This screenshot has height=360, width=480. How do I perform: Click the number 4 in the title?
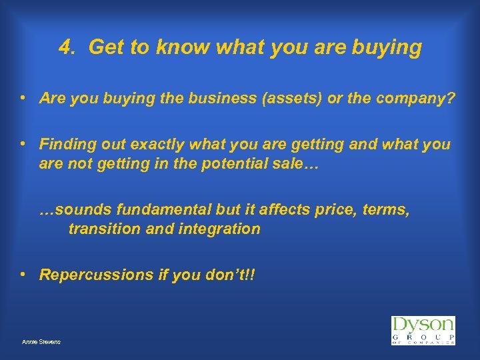[64, 47]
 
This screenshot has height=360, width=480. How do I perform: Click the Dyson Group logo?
[423, 331]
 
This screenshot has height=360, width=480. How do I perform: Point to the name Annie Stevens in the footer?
[41, 341]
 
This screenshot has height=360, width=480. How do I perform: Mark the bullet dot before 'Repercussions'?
[23, 274]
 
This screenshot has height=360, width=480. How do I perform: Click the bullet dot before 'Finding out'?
[23, 143]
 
